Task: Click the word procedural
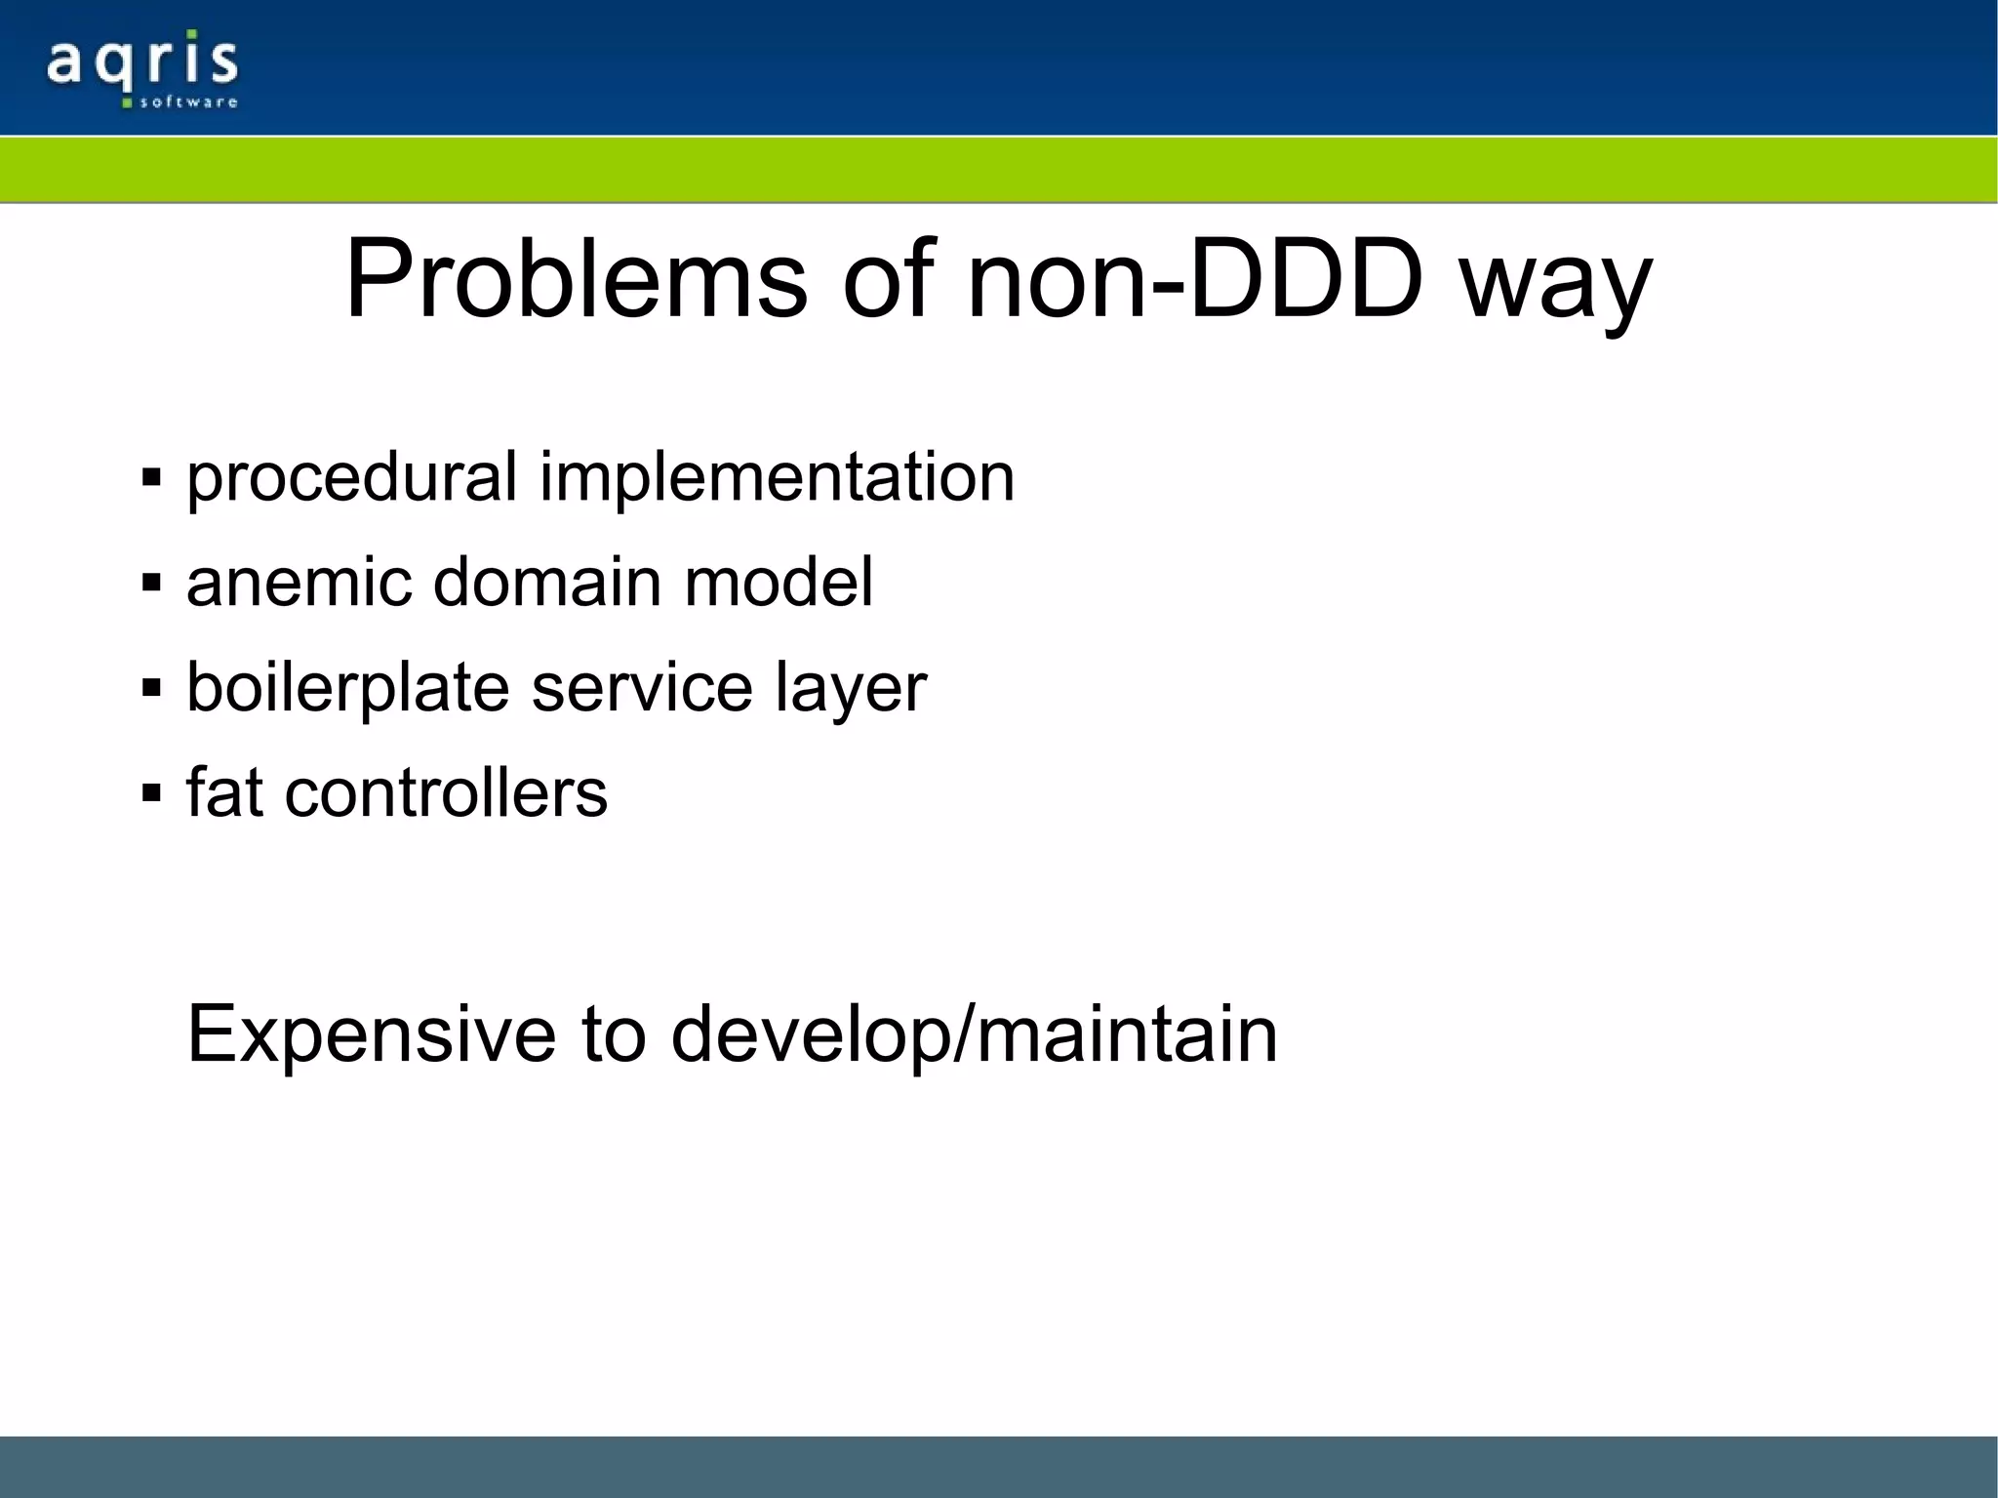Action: pos(351,478)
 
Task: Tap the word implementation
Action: pos(777,478)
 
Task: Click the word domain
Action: pos(546,583)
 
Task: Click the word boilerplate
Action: pos(347,688)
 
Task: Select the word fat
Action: pos(224,791)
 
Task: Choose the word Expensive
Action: pos(371,1034)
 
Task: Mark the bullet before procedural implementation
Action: pos(150,478)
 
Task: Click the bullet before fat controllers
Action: pos(150,791)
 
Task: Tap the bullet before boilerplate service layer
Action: pos(150,688)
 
